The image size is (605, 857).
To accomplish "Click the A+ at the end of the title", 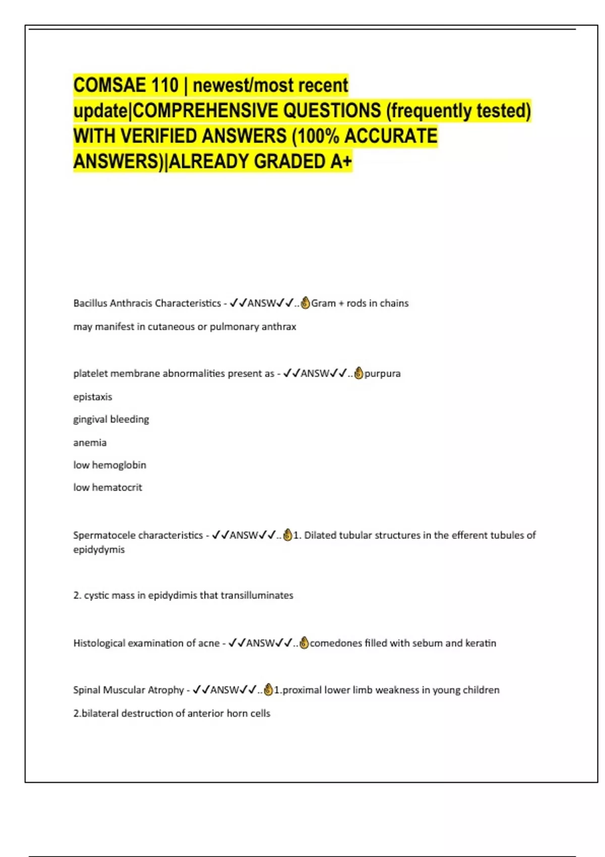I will pos(341,161).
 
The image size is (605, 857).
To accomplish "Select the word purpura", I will pos(383,374).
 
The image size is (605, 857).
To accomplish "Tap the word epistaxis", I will pos(93,397).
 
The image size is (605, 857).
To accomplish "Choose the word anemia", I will pos(90,443).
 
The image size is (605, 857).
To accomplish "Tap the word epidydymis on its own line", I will pos(99,549).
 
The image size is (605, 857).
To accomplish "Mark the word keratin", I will pos(480,643).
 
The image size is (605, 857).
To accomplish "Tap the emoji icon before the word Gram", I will pos(305,303).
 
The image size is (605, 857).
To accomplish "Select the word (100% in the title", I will pos(316,136).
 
